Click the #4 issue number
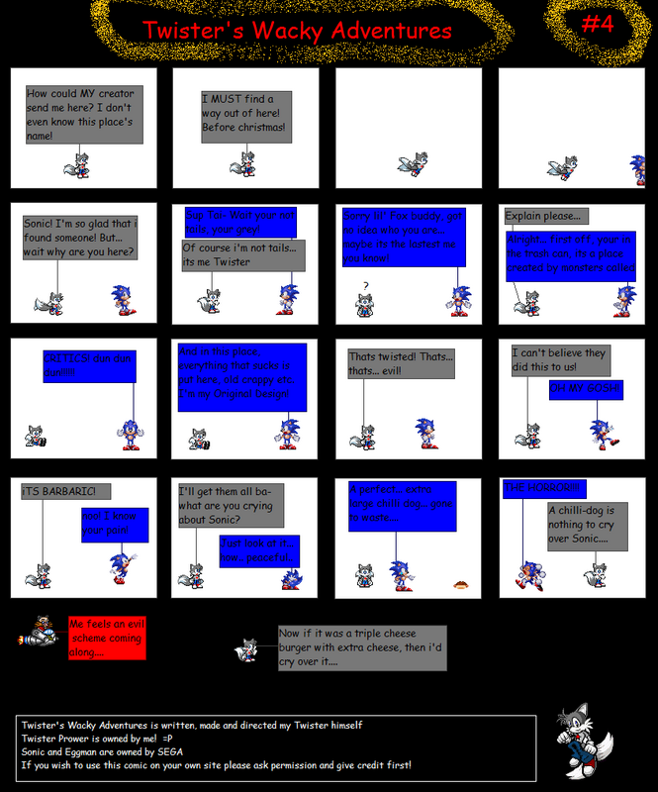[597, 24]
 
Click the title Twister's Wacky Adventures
[297, 31]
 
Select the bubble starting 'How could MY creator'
[80, 113]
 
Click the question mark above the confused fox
[366, 287]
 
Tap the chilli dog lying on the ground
[460, 585]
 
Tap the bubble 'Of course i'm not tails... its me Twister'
[242, 254]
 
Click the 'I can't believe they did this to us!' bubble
[559, 359]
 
